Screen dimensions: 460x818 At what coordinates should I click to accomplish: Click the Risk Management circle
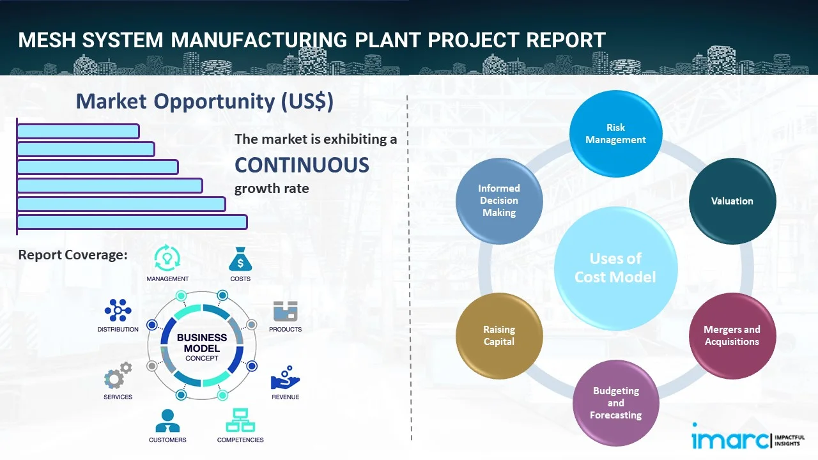[615, 134]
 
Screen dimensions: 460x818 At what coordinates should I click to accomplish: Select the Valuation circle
[732, 201]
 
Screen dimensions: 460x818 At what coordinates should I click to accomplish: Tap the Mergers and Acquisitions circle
[732, 335]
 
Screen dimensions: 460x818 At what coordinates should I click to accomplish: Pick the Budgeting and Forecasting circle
[615, 402]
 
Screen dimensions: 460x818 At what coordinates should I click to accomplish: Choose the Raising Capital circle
[499, 335]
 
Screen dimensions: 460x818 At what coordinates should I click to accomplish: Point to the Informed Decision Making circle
[499, 201]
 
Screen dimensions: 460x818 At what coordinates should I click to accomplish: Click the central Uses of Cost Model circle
[615, 268]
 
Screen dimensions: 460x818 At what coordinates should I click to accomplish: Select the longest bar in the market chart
[132, 222]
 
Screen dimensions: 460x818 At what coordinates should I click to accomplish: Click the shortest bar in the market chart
[78, 131]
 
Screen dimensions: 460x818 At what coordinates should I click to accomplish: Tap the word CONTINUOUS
[302, 165]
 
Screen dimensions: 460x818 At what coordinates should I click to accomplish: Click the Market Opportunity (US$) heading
[204, 101]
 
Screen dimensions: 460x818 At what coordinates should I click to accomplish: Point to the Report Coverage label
[73, 255]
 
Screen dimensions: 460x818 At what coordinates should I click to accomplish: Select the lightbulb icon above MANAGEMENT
[167, 258]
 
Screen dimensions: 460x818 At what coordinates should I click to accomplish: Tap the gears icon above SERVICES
[118, 376]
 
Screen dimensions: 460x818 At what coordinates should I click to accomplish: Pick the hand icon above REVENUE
[285, 378]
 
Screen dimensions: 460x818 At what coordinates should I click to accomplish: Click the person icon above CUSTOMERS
[167, 420]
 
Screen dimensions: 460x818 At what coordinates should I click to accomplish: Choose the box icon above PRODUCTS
[286, 311]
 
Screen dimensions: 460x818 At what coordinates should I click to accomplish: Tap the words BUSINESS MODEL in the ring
[202, 342]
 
